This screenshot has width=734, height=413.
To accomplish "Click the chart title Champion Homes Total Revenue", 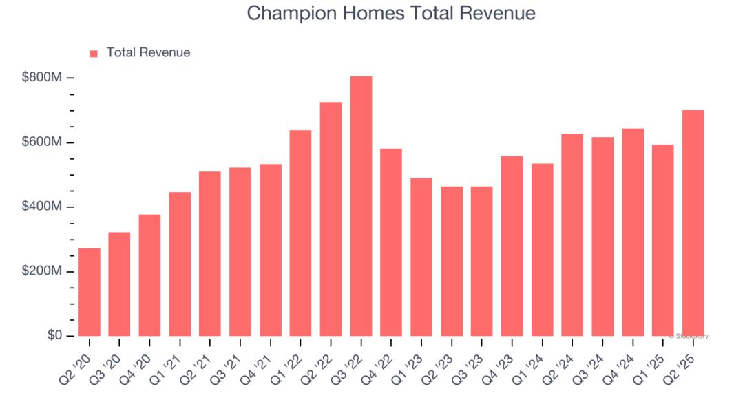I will tap(390, 13).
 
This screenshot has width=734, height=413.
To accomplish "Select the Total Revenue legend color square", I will tap(94, 53).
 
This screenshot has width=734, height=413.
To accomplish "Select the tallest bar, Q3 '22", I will tap(361, 206).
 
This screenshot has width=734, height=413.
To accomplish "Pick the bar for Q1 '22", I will tap(300, 233).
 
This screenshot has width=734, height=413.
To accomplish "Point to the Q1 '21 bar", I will tap(180, 264).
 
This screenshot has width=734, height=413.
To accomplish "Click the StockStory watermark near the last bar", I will tap(688, 336).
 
